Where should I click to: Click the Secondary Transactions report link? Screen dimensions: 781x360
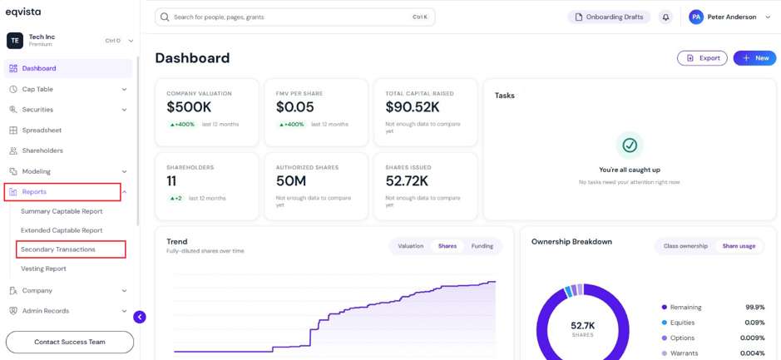tap(57, 249)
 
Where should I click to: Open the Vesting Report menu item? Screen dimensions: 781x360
tap(43, 269)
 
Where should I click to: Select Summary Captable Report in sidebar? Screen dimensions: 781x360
tap(62, 211)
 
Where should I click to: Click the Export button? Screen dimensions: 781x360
tap(702, 58)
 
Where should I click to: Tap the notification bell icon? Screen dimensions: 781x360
tap(665, 17)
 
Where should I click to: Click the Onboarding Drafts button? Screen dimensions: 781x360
tap(609, 17)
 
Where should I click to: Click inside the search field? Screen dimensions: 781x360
tap(295, 17)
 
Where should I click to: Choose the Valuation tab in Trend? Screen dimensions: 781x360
tap(410, 246)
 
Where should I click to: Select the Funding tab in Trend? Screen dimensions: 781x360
tap(482, 246)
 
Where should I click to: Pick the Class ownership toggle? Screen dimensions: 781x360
tap(685, 246)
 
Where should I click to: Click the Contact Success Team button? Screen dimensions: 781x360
tap(70, 342)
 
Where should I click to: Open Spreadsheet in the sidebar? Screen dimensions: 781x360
tap(42, 131)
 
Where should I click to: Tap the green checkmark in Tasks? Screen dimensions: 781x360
tap(630, 145)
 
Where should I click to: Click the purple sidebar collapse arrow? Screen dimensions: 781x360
tap(140, 317)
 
